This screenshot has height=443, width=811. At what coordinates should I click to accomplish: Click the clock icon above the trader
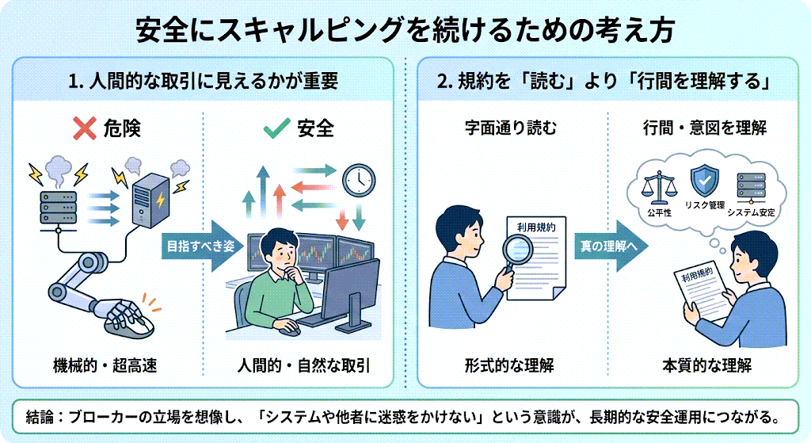coord(358,180)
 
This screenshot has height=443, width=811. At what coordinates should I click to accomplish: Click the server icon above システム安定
coord(750,185)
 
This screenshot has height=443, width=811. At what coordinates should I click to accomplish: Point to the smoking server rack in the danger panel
coord(59,204)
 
